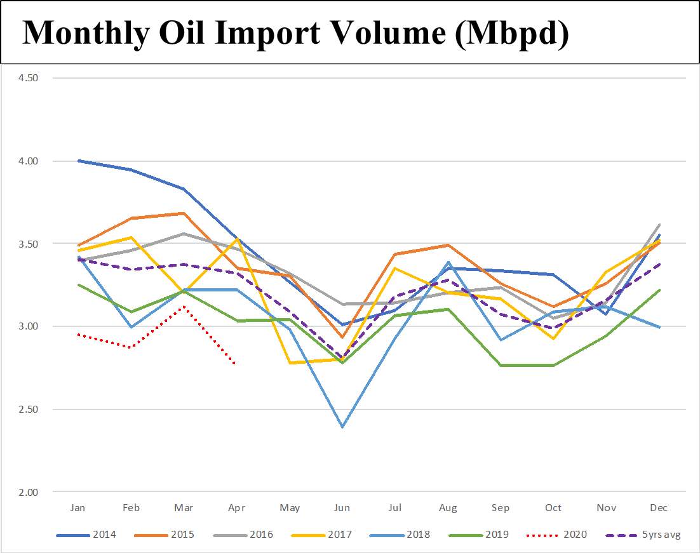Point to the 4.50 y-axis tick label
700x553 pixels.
(28, 78)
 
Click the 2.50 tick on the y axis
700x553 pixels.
(28, 410)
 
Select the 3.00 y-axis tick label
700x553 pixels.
(28, 326)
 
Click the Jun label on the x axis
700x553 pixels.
(342, 508)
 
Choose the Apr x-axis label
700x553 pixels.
(236, 508)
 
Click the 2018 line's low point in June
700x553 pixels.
(342, 427)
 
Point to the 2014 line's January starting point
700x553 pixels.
(78, 161)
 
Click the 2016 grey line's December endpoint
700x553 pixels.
(660, 225)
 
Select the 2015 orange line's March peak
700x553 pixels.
(184, 213)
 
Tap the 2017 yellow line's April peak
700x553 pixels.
(236, 239)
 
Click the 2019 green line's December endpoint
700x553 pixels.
(660, 290)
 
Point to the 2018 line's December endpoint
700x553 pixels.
(660, 327)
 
